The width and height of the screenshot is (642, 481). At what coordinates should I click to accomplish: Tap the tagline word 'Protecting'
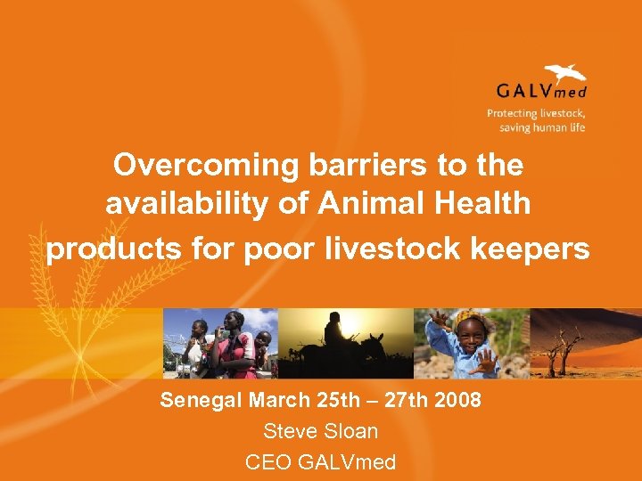[512, 113]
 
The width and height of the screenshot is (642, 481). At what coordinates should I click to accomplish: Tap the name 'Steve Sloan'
[321, 431]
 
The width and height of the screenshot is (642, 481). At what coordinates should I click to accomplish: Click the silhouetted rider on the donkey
[334, 332]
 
